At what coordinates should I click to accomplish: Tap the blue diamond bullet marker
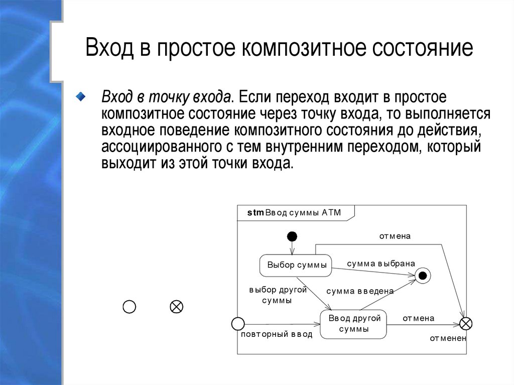[x=81, y=96]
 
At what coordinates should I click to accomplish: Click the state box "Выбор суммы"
[x=297, y=265]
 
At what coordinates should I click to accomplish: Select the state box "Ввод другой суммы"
[x=354, y=324]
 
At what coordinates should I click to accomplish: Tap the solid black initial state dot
[x=292, y=236]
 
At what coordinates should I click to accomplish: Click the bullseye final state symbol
[x=423, y=275]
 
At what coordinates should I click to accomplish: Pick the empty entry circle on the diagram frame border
[x=237, y=324]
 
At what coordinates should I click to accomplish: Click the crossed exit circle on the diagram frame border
[x=466, y=324]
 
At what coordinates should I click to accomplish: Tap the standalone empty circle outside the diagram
[x=130, y=307]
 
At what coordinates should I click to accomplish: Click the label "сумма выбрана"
[x=381, y=263]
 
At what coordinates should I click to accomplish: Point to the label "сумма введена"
[x=359, y=291]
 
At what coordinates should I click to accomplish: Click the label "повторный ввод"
[x=277, y=334]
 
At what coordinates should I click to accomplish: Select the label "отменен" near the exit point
[x=448, y=338]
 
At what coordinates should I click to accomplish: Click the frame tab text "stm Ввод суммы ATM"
[x=294, y=212]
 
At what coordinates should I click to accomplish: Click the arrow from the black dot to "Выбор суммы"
[x=292, y=247]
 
